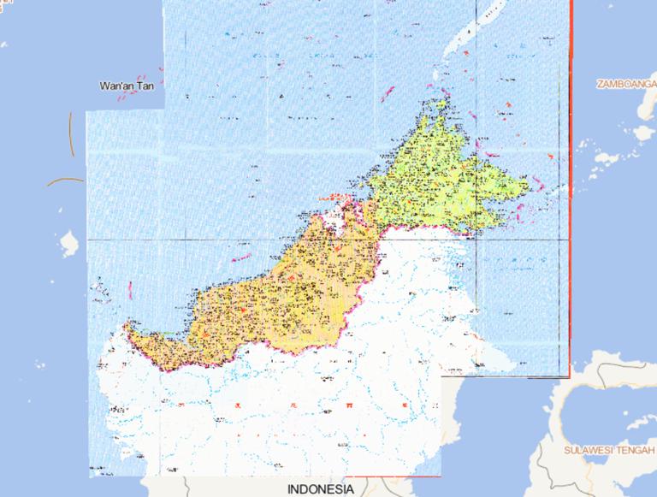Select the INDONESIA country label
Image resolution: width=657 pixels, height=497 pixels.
point(320,489)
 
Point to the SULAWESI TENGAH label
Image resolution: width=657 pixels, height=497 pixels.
point(608,448)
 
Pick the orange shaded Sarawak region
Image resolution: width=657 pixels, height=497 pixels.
point(291,291)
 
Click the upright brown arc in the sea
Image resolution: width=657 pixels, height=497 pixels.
point(71,137)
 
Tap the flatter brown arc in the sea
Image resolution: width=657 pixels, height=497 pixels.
point(65,180)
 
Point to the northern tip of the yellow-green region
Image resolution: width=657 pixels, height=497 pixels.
point(441,103)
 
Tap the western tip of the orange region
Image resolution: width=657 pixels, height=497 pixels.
point(127,325)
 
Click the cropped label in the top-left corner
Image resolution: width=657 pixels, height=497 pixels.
point(3,43)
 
